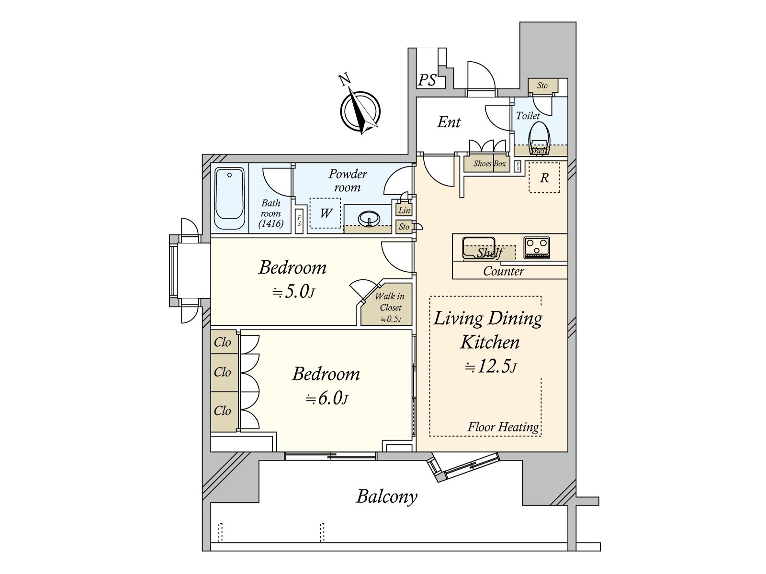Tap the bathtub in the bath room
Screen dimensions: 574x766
click(x=229, y=199)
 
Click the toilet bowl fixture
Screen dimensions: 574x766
click(x=539, y=137)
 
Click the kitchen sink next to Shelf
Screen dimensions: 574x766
click(x=478, y=247)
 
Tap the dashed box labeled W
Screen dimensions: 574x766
click(x=325, y=213)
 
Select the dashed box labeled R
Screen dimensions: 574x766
click(x=544, y=178)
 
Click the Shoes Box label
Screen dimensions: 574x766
click(x=489, y=164)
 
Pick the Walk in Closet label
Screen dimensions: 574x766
click(x=389, y=302)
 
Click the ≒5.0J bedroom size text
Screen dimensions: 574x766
click(x=293, y=292)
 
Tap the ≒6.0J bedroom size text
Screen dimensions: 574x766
click(x=327, y=398)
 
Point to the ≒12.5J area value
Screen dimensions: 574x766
click(x=491, y=367)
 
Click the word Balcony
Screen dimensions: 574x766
click(x=387, y=497)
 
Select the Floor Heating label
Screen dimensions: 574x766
click(x=503, y=427)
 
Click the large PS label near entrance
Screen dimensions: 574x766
click(x=427, y=80)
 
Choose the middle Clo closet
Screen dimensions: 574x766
click(x=223, y=372)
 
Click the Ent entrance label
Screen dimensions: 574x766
click(x=449, y=122)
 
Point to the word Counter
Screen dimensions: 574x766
click(x=504, y=271)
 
